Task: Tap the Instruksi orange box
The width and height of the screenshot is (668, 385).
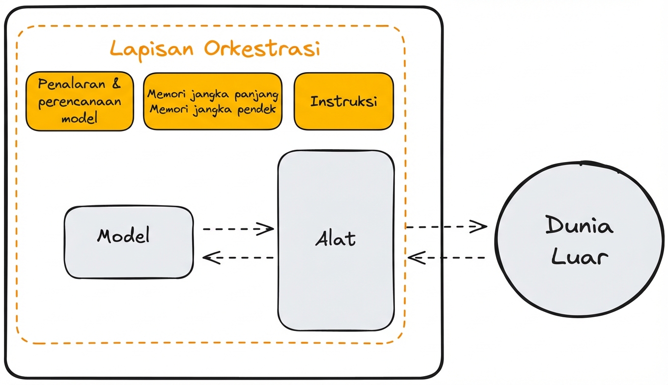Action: [344, 102]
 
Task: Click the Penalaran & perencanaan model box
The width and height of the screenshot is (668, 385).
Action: [80, 102]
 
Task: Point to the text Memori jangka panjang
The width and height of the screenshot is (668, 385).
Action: [213, 94]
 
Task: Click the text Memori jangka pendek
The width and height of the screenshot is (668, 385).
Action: [213, 110]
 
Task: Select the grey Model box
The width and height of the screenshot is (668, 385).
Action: [129, 242]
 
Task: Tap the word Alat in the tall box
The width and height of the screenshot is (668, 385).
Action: [335, 239]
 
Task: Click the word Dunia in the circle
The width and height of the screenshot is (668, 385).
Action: [580, 227]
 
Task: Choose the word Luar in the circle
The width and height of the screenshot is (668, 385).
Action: [580, 257]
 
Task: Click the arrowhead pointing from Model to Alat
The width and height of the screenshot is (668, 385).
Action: [268, 228]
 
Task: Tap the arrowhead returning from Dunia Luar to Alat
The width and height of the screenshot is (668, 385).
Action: [414, 257]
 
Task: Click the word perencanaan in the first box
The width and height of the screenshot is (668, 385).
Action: [80, 102]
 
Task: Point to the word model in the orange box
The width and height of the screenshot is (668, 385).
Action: [80, 118]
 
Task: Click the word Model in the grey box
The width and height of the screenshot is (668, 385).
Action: [123, 236]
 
